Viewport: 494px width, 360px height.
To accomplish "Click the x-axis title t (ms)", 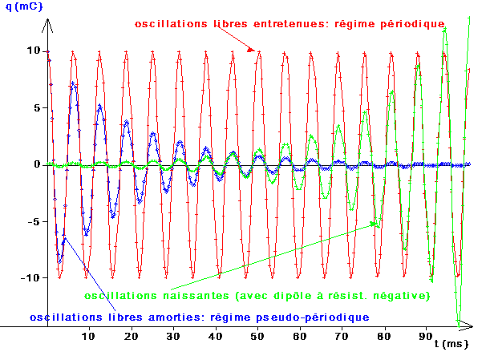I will [451, 343].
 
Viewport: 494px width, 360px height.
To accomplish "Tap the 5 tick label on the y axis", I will [33, 107].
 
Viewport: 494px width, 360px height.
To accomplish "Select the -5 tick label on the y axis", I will [30, 220].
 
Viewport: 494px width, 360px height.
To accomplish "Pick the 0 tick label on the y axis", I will [33, 164].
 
